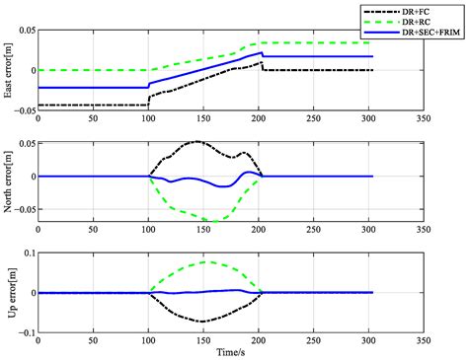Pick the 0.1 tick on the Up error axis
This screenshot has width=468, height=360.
point(28,253)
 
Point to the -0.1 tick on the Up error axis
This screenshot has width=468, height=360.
point(25,331)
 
